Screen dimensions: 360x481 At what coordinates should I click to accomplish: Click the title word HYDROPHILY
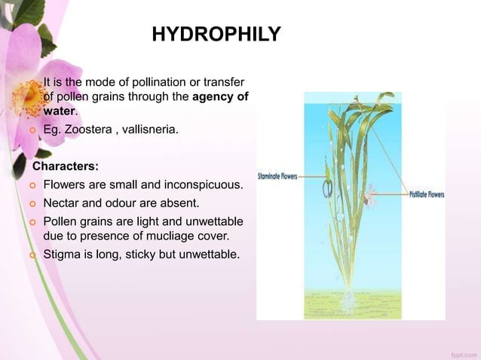coord(216,35)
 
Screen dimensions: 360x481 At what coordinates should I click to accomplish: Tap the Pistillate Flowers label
coord(426,194)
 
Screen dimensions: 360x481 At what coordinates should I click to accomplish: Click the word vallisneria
coord(151,130)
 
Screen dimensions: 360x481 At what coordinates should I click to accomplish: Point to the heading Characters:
coord(64,164)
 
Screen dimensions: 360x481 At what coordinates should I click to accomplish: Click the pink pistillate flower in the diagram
coord(369,198)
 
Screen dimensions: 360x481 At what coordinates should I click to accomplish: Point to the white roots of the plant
coord(348,301)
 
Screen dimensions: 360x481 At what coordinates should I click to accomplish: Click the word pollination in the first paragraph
coord(161,81)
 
